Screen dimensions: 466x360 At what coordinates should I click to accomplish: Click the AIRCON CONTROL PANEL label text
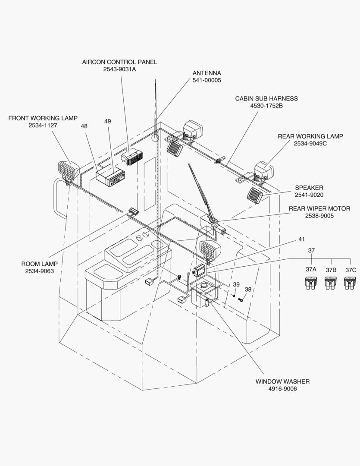[119, 62]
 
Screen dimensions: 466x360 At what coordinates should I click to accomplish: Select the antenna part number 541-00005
[207, 80]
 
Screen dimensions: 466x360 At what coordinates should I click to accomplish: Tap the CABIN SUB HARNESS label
[266, 98]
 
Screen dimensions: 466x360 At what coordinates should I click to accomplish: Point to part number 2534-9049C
[310, 144]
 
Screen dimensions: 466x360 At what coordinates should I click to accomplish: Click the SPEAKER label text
[309, 188]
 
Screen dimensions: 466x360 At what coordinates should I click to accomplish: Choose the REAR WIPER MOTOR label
[319, 209]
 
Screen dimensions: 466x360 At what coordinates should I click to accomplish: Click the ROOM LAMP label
[39, 264]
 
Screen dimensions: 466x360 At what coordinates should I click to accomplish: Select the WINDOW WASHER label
[282, 381]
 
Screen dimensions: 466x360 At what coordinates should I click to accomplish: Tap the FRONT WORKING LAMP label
[43, 118]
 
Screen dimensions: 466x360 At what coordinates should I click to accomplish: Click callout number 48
[84, 126]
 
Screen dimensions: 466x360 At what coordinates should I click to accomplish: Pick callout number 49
[107, 121]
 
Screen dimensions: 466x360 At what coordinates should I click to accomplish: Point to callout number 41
[301, 239]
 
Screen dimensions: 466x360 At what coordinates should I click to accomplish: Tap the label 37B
[331, 270]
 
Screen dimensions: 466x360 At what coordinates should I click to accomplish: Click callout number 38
[247, 289]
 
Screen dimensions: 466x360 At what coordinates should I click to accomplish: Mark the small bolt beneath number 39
[233, 296]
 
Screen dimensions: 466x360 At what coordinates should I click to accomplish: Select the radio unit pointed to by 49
[110, 176]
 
